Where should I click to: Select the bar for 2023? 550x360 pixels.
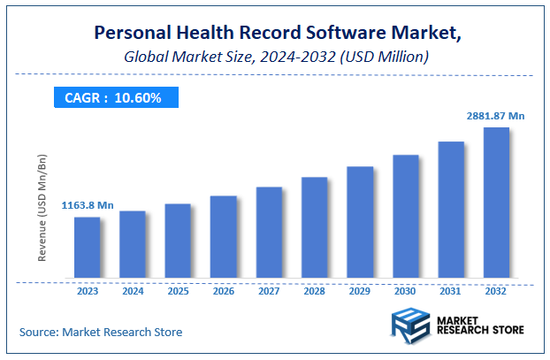click(87, 249)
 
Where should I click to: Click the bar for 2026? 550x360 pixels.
click(223, 238)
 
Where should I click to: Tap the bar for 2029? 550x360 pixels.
click(359, 223)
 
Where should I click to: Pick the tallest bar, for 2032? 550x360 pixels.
click(496, 203)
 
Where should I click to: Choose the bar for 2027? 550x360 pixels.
click(269, 234)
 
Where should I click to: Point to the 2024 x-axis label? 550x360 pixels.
click(132, 290)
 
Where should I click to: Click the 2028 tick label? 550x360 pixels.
click(314, 290)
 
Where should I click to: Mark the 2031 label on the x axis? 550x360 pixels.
click(451, 290)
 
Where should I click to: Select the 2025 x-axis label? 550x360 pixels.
click(178, 290)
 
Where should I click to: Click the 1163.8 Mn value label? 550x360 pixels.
click(88, 205)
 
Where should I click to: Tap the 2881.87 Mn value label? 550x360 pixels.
click(497, 116)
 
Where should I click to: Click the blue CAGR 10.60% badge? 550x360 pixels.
click(113, 97)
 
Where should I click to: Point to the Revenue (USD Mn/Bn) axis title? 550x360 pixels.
click(42, 208)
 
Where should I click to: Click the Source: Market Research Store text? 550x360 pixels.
click(101, 332)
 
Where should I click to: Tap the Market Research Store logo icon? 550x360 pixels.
click(411, 324)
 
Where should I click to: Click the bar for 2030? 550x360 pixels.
click(405, 218)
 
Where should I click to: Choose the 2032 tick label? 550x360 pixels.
click(496, 290)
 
